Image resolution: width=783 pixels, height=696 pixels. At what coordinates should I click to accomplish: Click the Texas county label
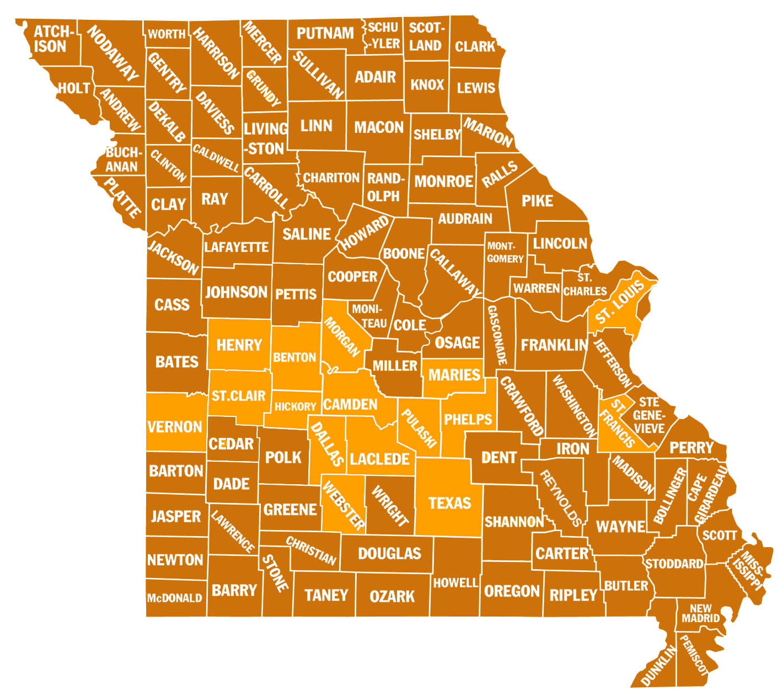(449, 503)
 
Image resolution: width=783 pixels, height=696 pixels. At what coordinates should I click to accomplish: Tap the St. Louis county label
(620, 303)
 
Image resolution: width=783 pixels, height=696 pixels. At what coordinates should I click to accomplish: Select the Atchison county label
(51, 39)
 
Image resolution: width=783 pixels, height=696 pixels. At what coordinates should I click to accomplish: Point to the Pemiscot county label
(693, 655)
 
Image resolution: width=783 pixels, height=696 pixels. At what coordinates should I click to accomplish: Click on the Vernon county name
(175, 427)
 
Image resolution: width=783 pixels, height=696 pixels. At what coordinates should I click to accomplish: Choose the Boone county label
(404, 254)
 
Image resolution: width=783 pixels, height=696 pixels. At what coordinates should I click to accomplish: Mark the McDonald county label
(174, 598)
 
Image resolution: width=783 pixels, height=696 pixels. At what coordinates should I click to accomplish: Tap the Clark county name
(475, 46)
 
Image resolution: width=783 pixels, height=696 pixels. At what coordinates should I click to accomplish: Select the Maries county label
(454, 375)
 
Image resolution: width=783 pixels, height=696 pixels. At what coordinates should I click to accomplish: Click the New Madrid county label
(700, 613)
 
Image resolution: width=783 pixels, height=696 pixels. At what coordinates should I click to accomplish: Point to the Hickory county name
(295, 407)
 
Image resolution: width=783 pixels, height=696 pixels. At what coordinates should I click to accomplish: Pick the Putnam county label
(325, 34)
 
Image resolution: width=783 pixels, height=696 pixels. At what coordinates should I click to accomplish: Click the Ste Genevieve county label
(649, 415)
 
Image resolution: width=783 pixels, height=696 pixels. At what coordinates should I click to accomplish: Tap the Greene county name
(290, 510)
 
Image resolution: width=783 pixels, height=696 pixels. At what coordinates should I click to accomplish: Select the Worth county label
(167, 34)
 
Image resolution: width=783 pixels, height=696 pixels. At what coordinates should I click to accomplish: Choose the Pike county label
(537, 201)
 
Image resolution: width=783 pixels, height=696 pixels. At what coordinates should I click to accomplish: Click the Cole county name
(410, 325)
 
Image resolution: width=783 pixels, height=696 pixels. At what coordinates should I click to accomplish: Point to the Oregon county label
(512, 591)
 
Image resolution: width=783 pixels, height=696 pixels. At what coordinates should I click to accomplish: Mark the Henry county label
(239, 345)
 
